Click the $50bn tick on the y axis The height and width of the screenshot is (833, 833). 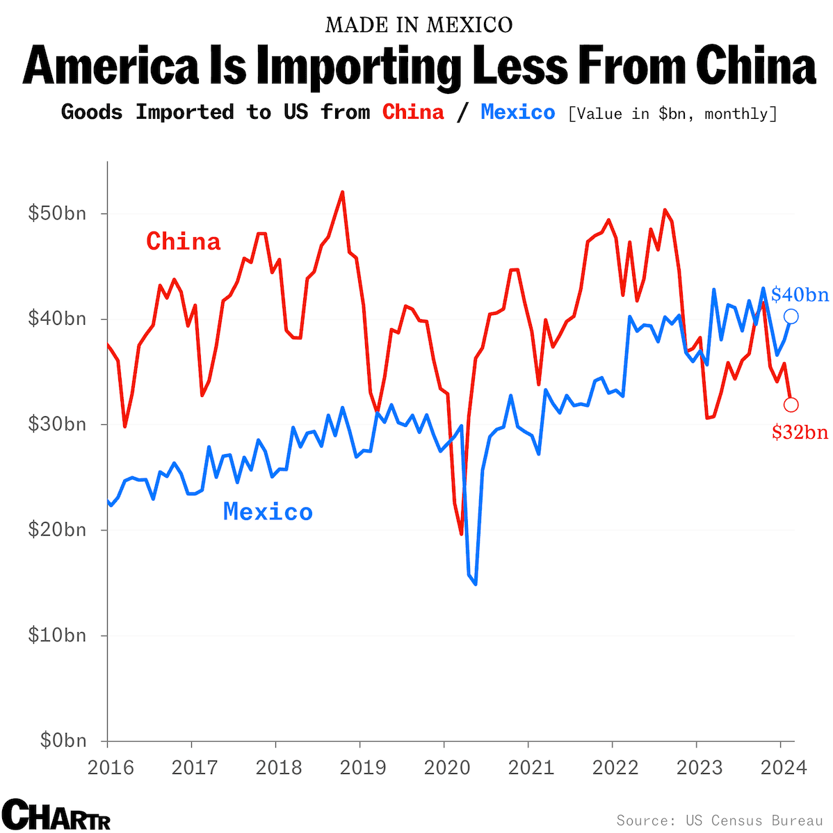(x=57, y=213)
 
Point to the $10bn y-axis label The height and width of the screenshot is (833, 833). (x=57, y=636)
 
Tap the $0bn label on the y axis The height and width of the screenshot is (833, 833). (x=60, y=741)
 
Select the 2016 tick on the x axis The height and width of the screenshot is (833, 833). (x=111, y=768)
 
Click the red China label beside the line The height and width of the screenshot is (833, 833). (x=183, y=241)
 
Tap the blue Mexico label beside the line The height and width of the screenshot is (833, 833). (x=268, y=512)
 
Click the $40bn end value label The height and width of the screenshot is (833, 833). (x=800, y=295)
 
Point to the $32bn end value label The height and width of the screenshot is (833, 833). (x=800, y=432)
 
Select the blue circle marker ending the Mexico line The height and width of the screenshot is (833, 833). (x=791, y=316)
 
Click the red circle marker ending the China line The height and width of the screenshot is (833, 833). (x=791, y=405)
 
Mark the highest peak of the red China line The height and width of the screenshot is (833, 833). (x=342, y=192)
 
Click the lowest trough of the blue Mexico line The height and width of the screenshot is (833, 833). (x=476, y=584)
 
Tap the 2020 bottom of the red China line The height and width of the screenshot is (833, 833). (x=461, y=533)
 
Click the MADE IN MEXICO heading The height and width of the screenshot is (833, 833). (x=419, y=25)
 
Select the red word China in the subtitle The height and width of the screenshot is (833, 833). (x=413, y=112)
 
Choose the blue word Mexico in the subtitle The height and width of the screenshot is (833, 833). (x=518, y=112)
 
